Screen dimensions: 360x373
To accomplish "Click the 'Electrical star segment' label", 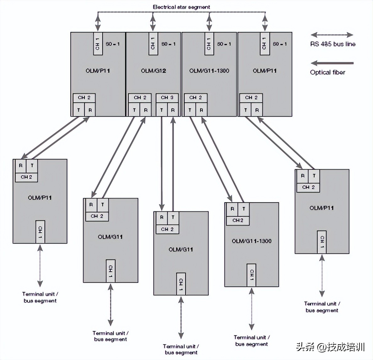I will pos(181,7).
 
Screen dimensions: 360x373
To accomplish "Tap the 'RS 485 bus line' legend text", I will pos(332,44).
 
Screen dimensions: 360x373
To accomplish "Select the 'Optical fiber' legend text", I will pos(327,72).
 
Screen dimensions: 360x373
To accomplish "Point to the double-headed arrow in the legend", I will pos(332,35).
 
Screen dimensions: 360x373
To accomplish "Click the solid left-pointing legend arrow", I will pos(332,63).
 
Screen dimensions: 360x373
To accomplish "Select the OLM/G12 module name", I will pos(153,71).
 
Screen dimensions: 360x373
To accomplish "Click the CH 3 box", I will pos(167,98).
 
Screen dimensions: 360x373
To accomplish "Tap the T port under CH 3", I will pos(161,110).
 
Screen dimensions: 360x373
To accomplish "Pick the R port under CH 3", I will pos(173,110).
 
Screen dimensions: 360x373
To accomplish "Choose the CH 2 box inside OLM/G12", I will pos(140,98).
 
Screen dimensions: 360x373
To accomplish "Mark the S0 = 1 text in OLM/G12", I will pos(169,44).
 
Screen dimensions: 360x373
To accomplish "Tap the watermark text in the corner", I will pos(330,347).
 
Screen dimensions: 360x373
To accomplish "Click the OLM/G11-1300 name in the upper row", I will pos(209,71).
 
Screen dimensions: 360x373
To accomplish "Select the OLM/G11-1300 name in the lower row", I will pos(251,241).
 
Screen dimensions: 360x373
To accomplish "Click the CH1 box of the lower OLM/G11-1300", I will pos(251,275).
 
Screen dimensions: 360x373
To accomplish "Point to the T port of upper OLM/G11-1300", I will pos(190,110).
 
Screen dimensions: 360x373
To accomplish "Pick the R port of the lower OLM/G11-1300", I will pos(232,209).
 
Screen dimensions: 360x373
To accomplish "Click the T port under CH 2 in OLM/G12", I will pos(134,110).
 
